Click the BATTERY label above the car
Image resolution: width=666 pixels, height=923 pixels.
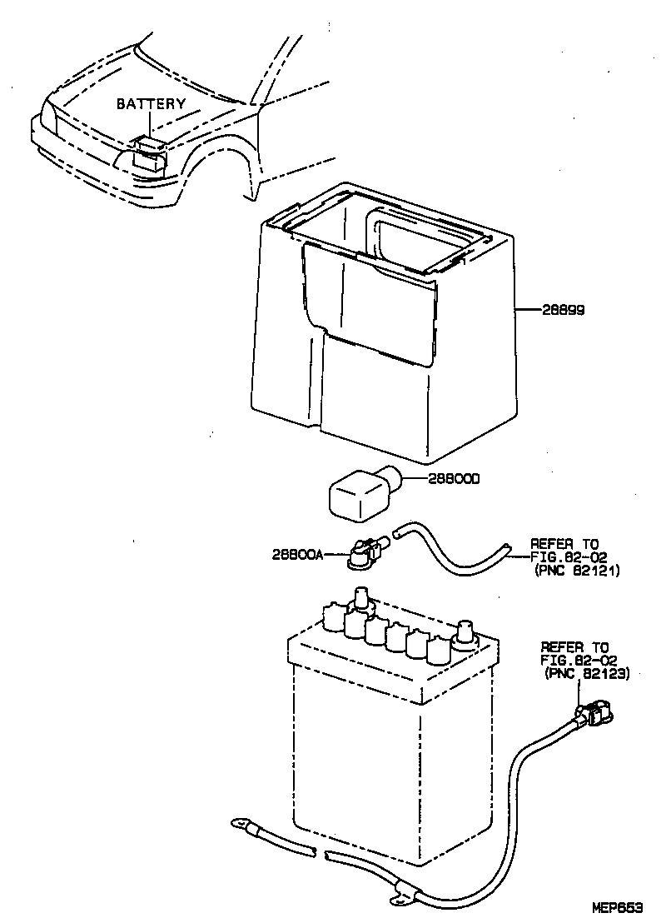tap(150, 104)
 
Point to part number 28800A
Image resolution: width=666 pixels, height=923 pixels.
tap(296, 554)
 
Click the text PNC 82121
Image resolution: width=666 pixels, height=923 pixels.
tap(577, 571)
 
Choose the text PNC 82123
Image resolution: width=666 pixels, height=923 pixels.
tap(586, 673)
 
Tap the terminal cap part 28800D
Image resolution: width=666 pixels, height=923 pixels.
tap(360, 493)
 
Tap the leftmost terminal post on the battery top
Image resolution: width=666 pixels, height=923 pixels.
tap(360, 597)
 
